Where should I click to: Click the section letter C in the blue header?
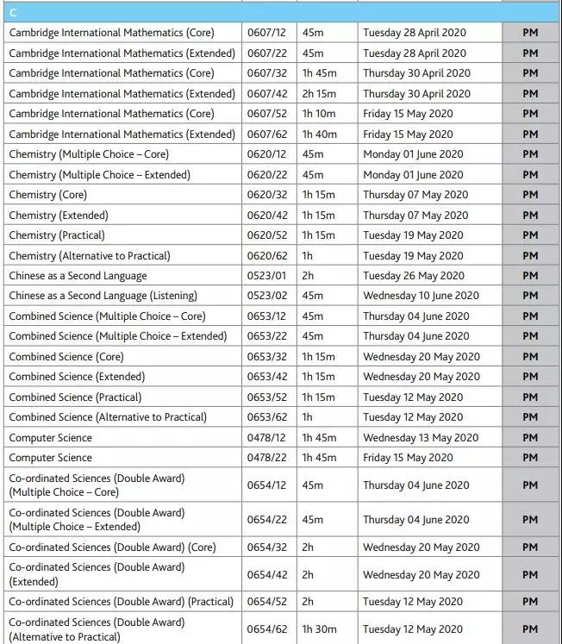[x=12, y=13]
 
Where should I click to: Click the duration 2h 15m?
[x=320, y=94]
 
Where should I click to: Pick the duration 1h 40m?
[x=320, y=134]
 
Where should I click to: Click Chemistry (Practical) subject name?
[x=57, y=235]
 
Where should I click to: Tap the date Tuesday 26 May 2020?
[x=413, y=276]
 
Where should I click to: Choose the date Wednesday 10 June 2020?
[x=421, y=297]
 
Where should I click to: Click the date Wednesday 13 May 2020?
[x=421, y=438]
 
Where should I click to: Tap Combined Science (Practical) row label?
[x=75, y=397]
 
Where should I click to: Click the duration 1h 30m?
[x=319, y=629]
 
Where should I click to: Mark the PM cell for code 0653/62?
[x=530, y=417]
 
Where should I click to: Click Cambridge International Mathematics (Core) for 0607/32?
[x=111, y=73]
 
